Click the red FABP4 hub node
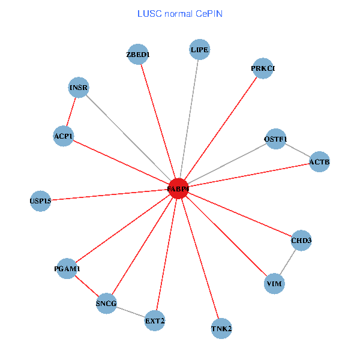(178, 188)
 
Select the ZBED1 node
(138, 55)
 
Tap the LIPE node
(200, 50)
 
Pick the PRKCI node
(263, 68)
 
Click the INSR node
(79, 88)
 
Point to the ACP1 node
(63, 136)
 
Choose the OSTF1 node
(275, 139)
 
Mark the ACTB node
(319, 161)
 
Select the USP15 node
(40, 201)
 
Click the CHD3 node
(301, 241)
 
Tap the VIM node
(274, 283)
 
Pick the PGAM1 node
(67, 269)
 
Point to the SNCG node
(106, 303)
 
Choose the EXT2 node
(155, 321)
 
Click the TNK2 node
(221, 328)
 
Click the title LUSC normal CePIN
(180, 13)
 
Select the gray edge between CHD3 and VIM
(288, 262)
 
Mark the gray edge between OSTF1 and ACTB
(298, 151)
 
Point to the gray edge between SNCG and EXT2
(131, 312)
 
